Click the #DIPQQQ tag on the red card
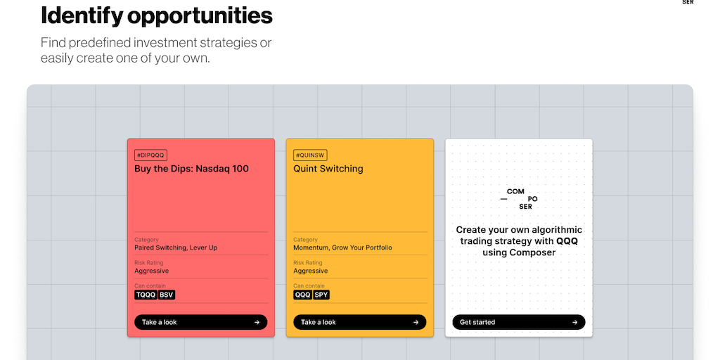[x=150, y=155]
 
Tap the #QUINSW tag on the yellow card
[x=310, y=155]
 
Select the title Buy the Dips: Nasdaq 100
[x=191, y=169]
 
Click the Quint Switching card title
[x=328, y=169]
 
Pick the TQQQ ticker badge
[x=146, y=295]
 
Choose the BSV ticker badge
[x=167, y=295]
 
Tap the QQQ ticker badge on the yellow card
[x=303, y=295]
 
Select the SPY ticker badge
[x=321, y=295]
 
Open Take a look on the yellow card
[x=359, y=322]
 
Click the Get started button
[x=519, y=322]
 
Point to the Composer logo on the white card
[x=519, y=199]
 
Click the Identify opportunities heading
[x=157, y=16]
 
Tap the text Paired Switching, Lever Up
[x=176, y=247]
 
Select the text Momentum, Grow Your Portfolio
[x=342, y=247]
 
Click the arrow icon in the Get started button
[x=575, y=322]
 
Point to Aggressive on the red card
[x=152, y=271]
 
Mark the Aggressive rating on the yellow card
[x=310, y=271]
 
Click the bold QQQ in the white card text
[x=567, y=241]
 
